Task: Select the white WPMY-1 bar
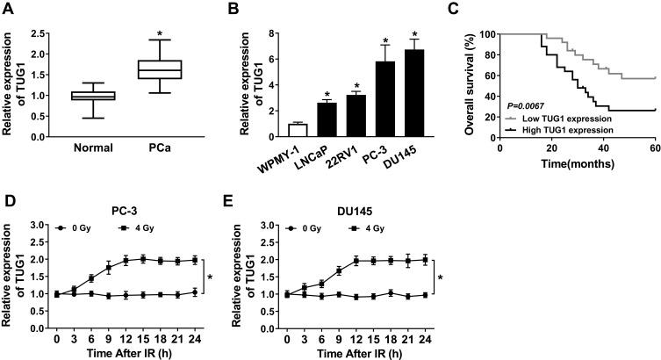pos(298,130)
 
